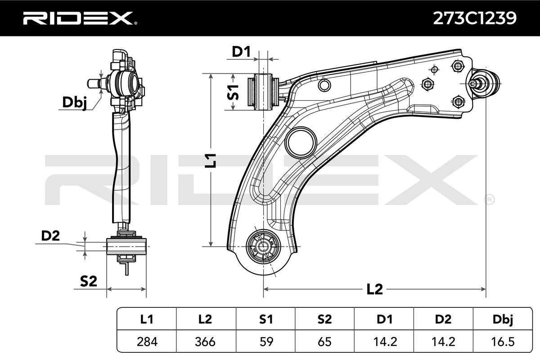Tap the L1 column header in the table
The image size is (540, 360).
click(x=147, y=319)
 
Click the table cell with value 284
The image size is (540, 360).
click(x=147, y=342)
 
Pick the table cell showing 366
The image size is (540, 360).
click(x=206, y=342)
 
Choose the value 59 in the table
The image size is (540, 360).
click(x=266, y=342)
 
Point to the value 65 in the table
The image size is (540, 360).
click(x=324, y=342)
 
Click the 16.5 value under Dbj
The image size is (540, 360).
click(x=502, y=342)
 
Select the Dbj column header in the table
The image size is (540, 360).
click(x=502, y=319)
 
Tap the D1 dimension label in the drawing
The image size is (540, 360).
click(x=241, y=52)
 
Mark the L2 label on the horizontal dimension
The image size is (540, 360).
click(x=374, y=289)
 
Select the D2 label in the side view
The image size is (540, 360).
click(x=50, y=236)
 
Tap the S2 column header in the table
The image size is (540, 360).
click(x=324, y=319)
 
